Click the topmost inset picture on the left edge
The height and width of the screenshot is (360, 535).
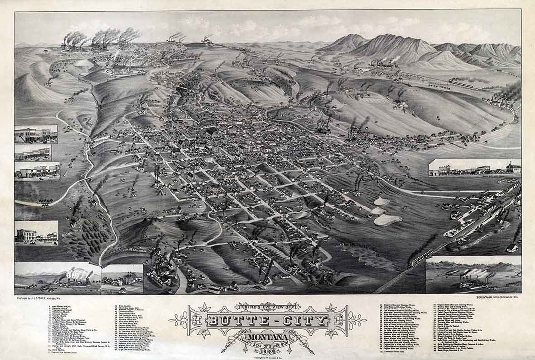point(36,134)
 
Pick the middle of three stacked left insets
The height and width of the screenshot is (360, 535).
point(33,153)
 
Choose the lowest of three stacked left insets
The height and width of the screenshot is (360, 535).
point(37,171)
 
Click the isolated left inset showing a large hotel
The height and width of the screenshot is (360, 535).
point(36,233)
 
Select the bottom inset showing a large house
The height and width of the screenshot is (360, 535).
point(122,279)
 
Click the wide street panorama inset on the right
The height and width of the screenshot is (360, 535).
point(475,167)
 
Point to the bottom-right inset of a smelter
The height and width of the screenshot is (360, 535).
point(473,274)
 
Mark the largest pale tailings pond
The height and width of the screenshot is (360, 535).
point(387,220)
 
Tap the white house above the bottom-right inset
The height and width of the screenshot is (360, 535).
point(512,247)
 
